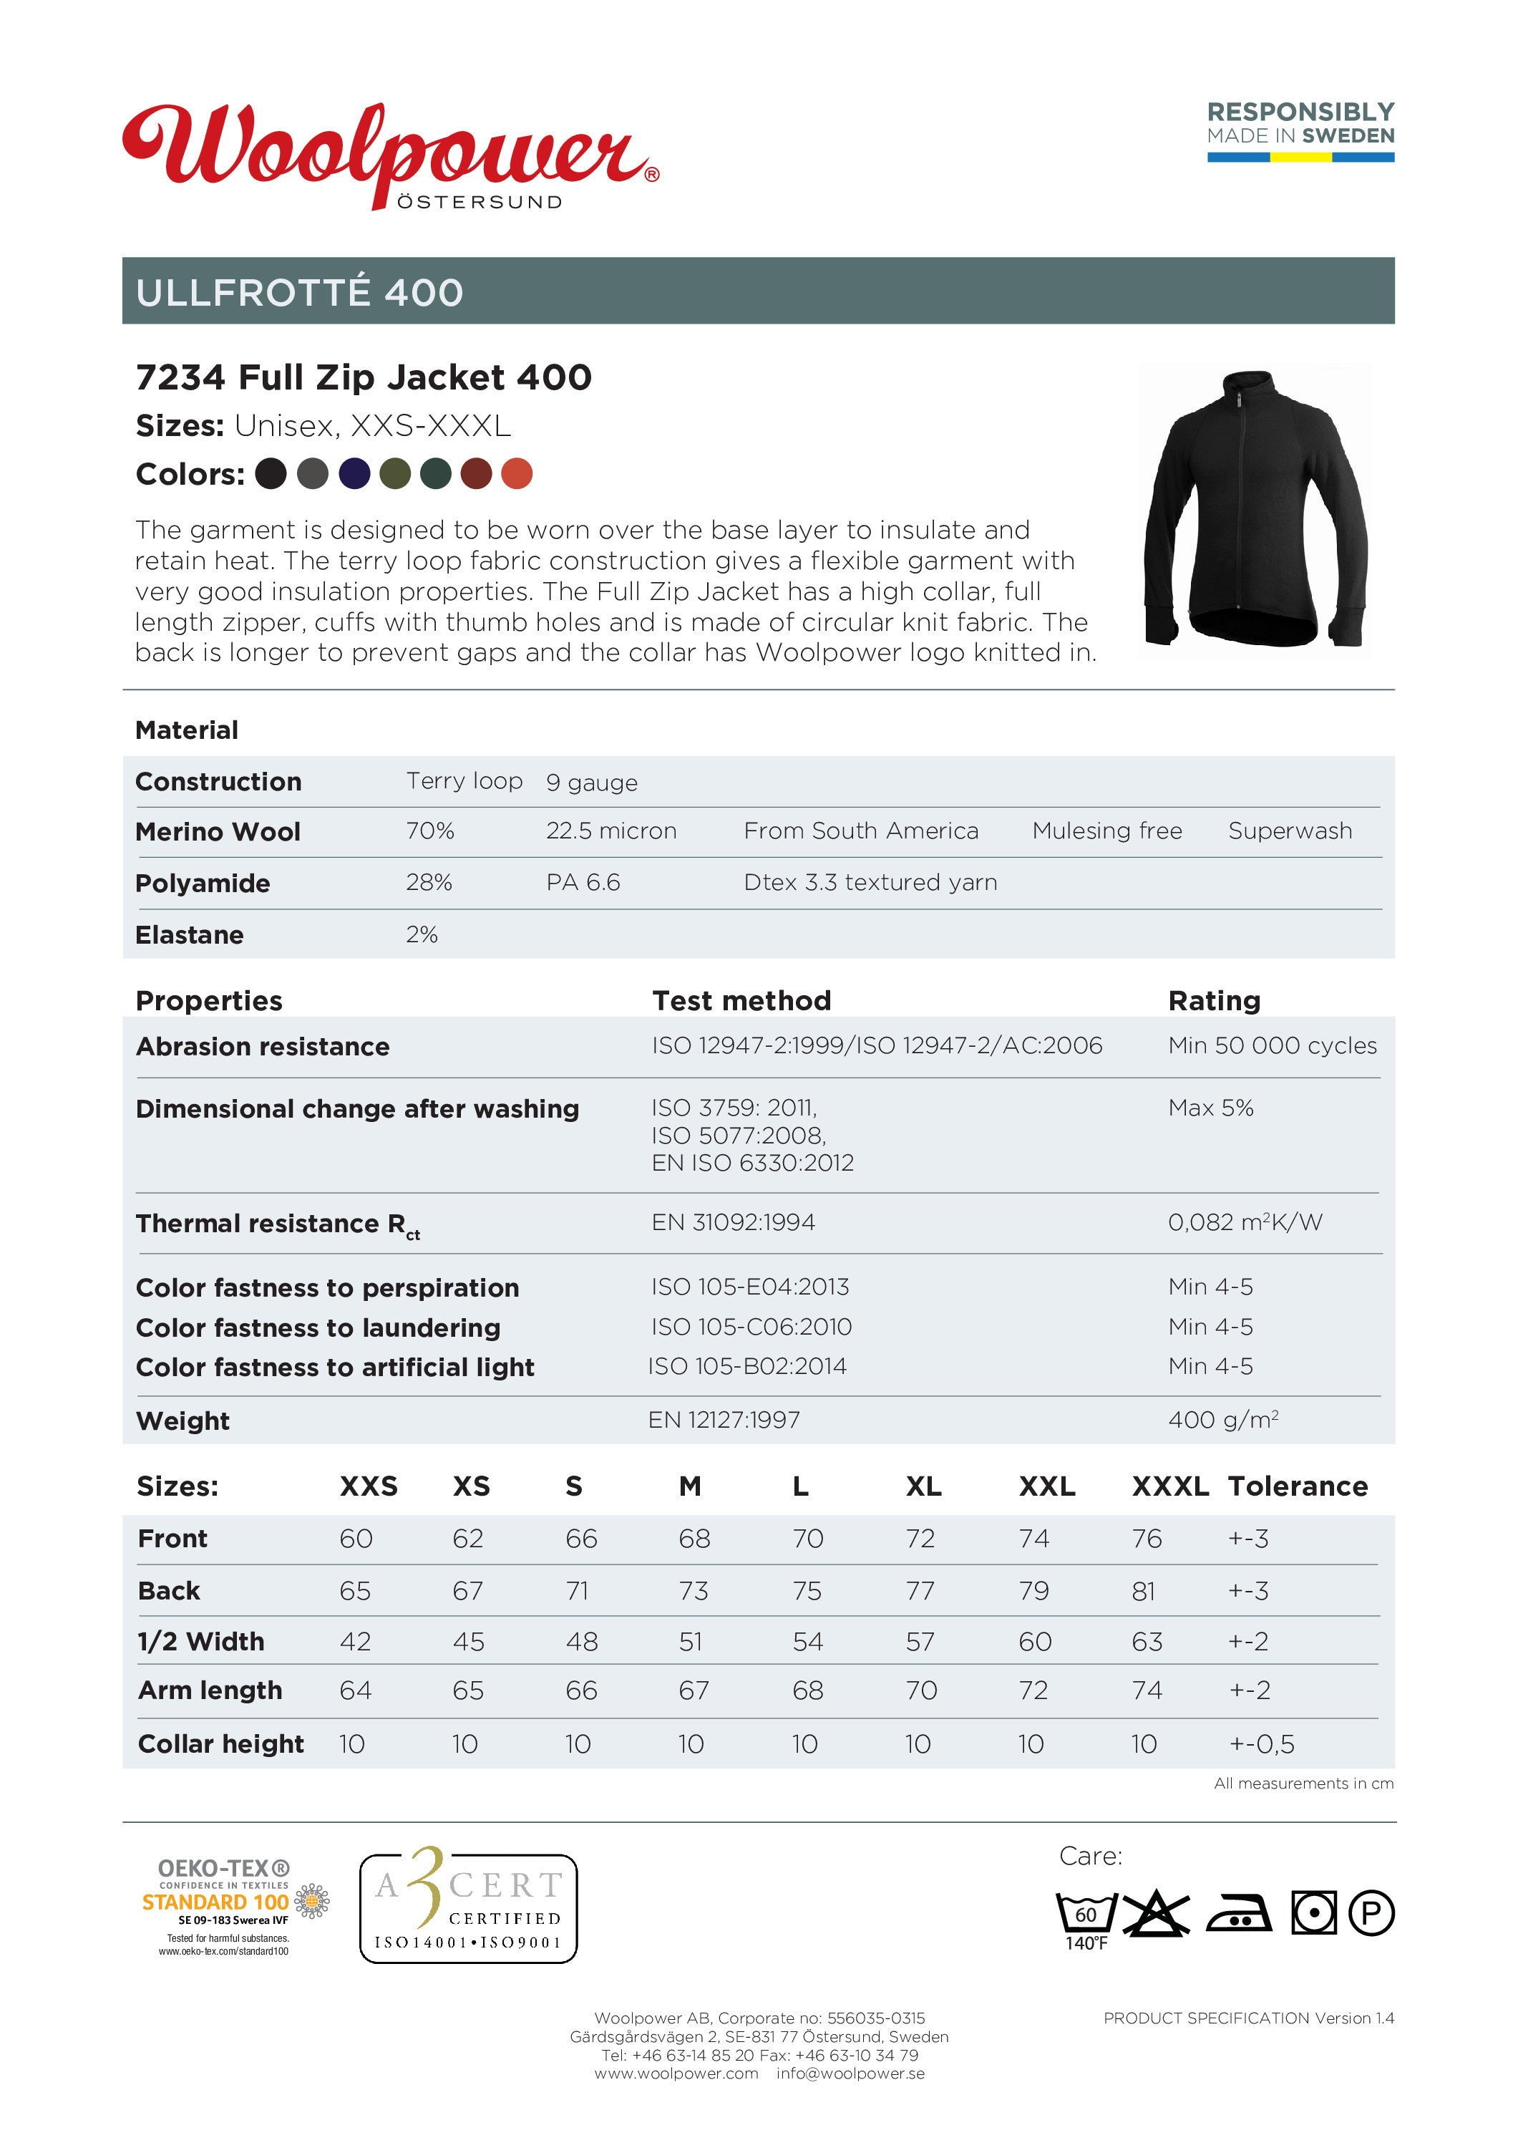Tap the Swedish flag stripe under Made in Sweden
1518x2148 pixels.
click(x=1300, y=158)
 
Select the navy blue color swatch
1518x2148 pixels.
click(x=354, y=473)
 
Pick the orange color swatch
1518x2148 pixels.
click(x=516, y=473)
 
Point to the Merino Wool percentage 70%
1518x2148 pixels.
click(x=430, y=831)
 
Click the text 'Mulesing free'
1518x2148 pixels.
click(x=1106, y=831)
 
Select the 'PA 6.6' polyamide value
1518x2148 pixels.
click(x=583, y=882)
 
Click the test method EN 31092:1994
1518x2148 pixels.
click(x=734, y=1221)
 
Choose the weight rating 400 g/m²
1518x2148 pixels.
click(x=1222, y=1419)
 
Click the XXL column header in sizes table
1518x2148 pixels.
click(x=1046, y=1486)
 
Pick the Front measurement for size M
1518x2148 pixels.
click(x=694, y=1539)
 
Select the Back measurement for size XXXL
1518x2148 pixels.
click(x=1143, y=1592)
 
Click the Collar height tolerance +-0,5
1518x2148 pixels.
click(x=1261, y=1744)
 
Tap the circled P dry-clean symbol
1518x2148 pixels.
click(x=1371, y=1912)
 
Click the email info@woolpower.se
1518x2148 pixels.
click(x=850, y=2073)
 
